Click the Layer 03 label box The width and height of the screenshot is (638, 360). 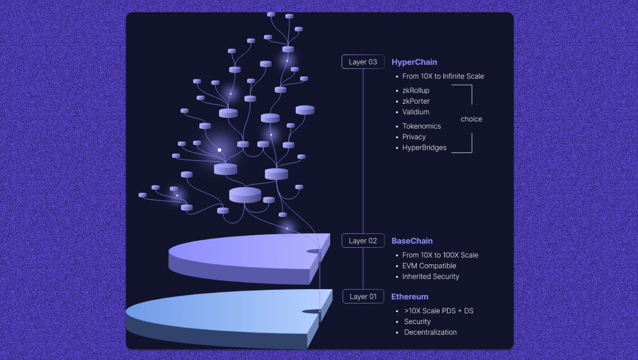tap(363, 62)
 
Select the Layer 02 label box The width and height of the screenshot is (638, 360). tap(363, 241)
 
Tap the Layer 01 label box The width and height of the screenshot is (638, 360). tap(363, 297)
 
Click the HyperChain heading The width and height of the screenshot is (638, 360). tap(414, 62)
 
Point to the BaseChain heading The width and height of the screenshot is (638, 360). tap(412, 241)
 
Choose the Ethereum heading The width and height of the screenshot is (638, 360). tap(409, 297)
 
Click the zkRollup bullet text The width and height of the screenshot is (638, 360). tap(416, 90)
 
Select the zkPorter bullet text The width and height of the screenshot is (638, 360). tap(416, 101)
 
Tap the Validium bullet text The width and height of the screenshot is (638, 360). tap(416, 112)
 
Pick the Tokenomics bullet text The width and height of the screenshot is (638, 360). tap(422, 126)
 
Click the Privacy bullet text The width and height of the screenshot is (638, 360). tap(414, 137)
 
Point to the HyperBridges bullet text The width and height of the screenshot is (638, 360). tap(424, 147)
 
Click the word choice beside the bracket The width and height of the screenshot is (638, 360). tap(471, 119)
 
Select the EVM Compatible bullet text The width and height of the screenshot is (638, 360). tap(429, 266)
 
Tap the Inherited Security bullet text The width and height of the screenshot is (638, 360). tap(431, 277)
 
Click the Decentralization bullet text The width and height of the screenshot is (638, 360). tap(430, 332)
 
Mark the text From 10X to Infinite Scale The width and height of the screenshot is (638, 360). tap(443, 76)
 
